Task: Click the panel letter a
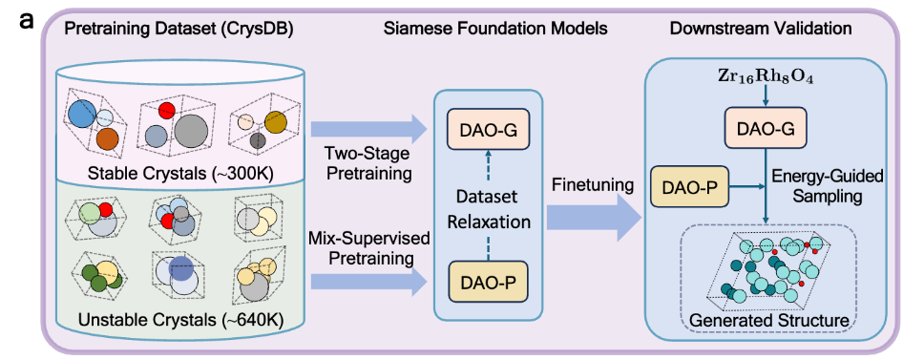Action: click(27, 21)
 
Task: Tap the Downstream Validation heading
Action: click(762, 29)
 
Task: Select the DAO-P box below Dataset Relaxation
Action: click(489, 284)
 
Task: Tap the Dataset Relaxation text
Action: click(489, 209)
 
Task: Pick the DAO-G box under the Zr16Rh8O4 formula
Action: click(765, 130)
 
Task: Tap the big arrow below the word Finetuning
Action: click(594, 219)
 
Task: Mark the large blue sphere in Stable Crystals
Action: click(85, 116)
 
